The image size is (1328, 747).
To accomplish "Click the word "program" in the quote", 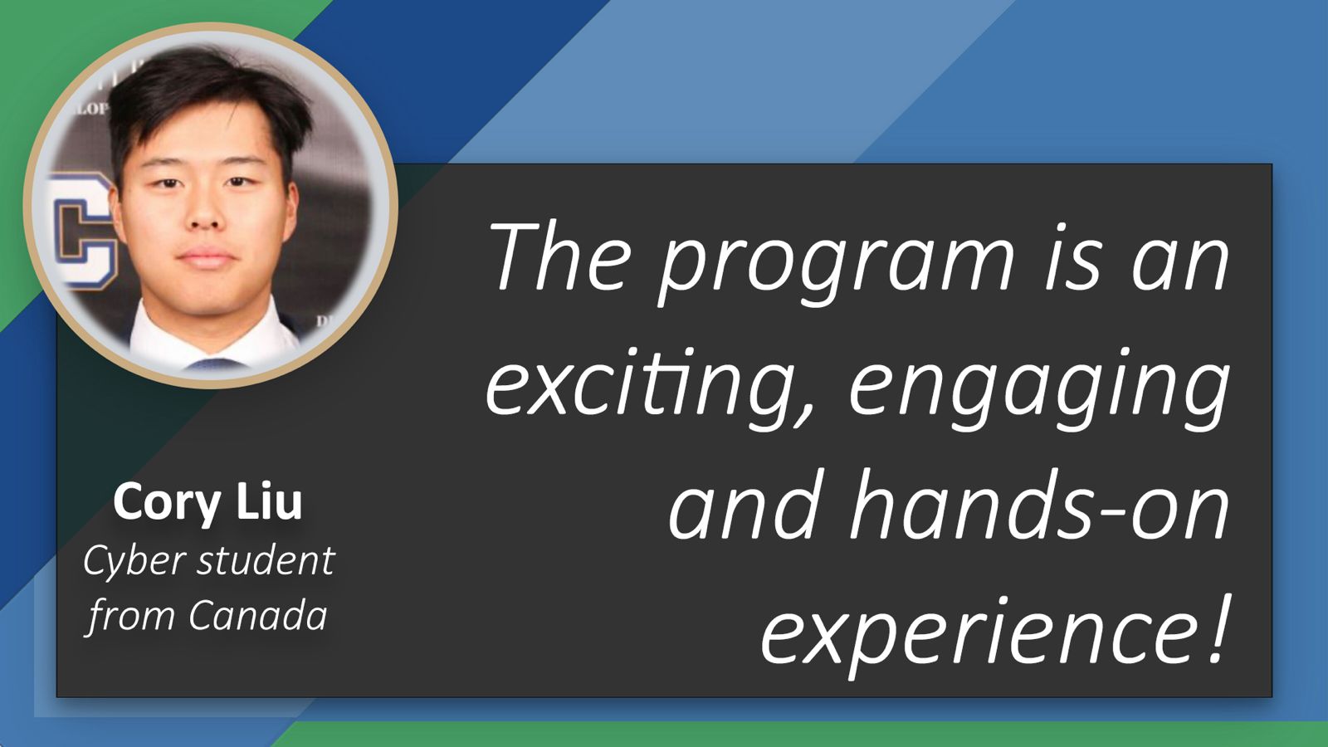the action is tap(836, 265).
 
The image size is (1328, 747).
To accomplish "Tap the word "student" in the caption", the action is tap(266, 560).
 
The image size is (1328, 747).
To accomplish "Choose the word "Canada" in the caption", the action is tap(258, 615).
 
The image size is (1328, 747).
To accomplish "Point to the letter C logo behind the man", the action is tap(83, 232).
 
